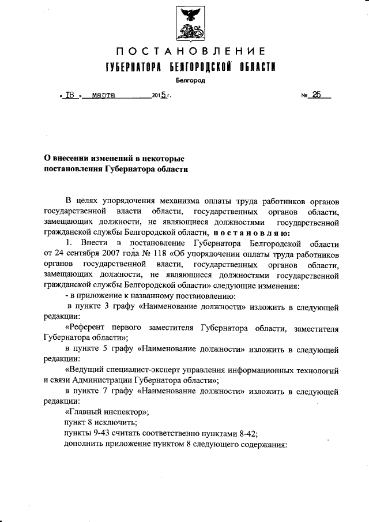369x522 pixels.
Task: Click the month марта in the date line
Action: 104,96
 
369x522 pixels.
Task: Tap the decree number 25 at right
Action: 316,96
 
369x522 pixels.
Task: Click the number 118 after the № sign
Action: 177,254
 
